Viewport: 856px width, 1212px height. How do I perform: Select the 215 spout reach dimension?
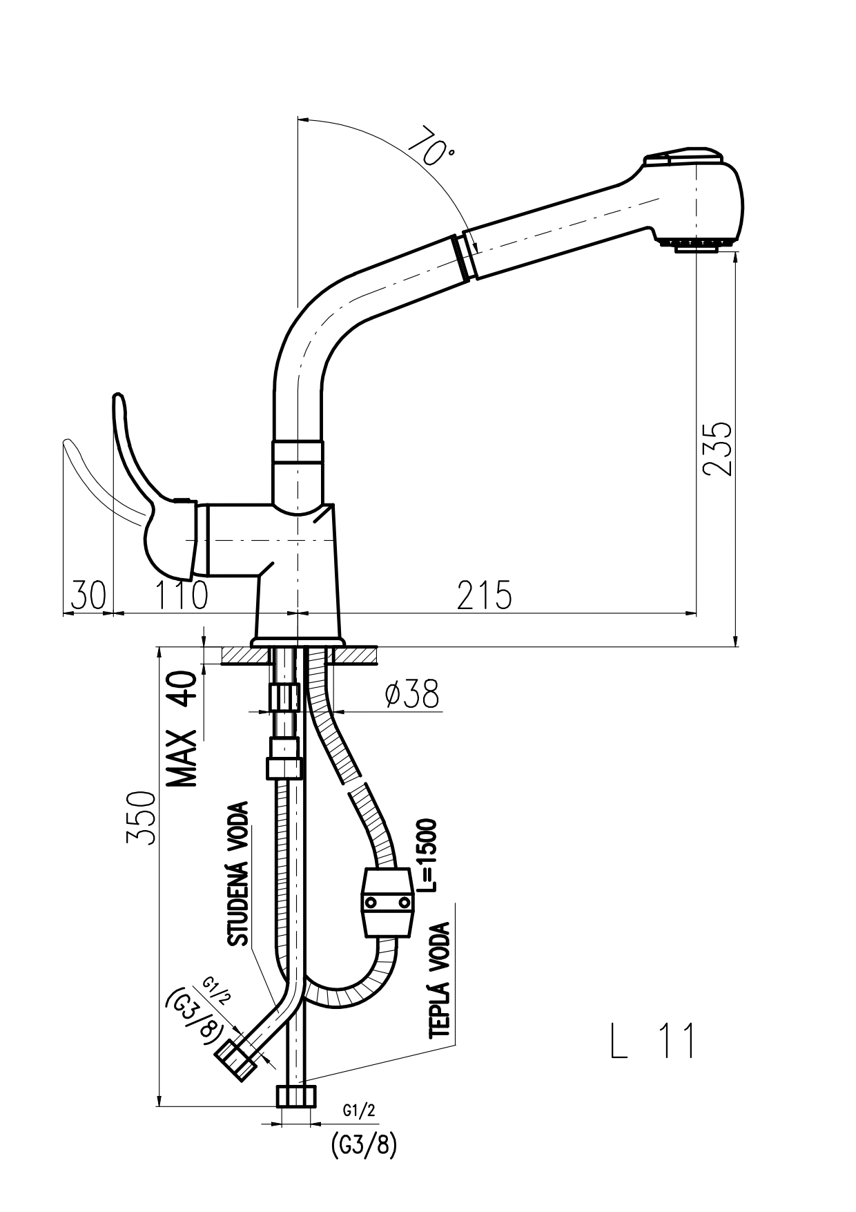485,595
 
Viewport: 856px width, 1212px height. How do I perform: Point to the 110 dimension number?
179,595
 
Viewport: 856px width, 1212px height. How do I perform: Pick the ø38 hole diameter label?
412,695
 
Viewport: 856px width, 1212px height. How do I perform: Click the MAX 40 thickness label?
183,729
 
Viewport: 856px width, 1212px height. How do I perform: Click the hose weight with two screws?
387,903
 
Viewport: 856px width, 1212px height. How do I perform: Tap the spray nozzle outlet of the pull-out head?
697,244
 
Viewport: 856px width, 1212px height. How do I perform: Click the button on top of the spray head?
683,156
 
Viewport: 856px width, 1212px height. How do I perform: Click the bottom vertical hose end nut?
297,1096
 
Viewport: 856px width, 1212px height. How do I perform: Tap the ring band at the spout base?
298,451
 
